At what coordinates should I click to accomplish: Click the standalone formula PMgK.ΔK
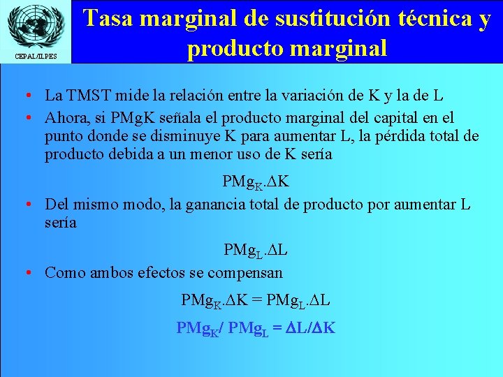pyautogui.click(x=256, y=183)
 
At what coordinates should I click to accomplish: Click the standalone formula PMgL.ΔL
pyautogui.click(x=256, y=250)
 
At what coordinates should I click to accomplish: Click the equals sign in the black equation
pyautogui.click(x=257, y=300)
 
